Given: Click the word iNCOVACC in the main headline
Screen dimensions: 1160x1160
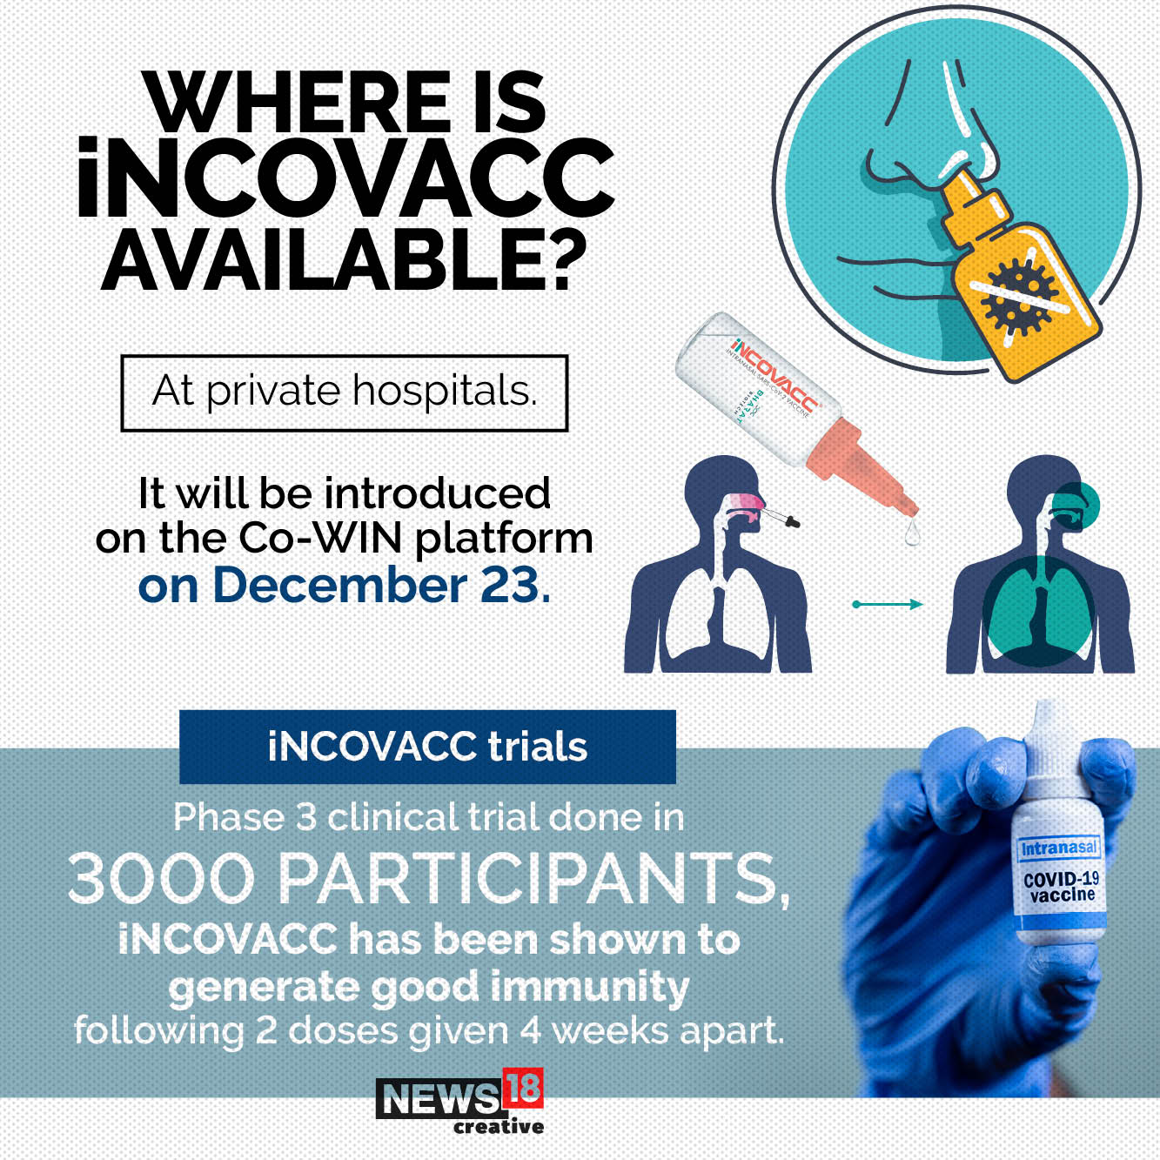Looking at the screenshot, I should pos(346,179).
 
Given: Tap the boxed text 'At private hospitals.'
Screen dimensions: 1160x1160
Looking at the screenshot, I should pos(345,392).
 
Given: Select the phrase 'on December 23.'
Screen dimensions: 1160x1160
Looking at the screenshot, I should pos(345,585).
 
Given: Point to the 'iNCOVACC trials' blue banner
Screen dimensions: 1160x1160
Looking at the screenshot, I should pos(427,747).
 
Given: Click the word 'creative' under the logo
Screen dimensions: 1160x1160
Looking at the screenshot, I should pos(499,1127).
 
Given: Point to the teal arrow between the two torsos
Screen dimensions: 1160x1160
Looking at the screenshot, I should pos(888,604).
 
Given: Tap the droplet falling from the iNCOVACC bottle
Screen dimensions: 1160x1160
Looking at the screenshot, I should pos(911,533).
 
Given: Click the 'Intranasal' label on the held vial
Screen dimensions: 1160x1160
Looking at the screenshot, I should pos(1059,848).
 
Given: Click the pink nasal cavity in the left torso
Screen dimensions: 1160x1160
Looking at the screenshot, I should pos(747,502).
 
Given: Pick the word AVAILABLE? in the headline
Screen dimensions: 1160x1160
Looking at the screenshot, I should pos(345,261).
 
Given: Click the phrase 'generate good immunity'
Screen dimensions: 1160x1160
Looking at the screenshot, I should pos(429,987).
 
